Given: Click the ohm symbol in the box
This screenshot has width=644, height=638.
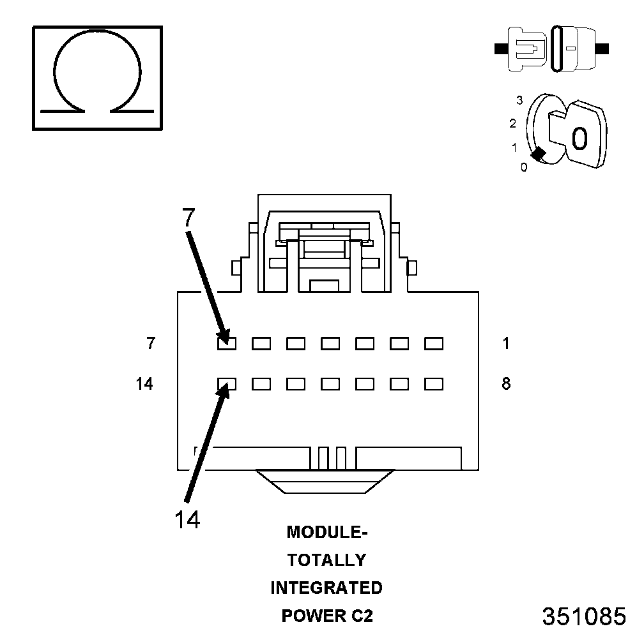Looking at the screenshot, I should coord(97,77).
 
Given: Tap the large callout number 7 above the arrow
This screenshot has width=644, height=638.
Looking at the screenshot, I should coord(187,218).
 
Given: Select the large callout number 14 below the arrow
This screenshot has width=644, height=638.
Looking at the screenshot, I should coord(187,519).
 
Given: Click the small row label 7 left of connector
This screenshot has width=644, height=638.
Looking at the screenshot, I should coord(151,343).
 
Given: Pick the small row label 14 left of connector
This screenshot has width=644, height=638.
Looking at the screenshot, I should coord(145,384).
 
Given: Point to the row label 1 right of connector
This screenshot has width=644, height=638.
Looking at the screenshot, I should coord(506,343).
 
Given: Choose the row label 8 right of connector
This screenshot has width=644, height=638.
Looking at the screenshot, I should coord(506,384).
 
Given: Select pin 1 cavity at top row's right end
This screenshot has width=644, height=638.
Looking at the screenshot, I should coord(434,344).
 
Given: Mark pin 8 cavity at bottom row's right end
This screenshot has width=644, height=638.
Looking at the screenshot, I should coord(434,384).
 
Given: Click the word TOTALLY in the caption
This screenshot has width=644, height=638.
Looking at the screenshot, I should coord(326,560).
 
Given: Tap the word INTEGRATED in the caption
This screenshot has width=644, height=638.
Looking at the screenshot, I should coord(326,588).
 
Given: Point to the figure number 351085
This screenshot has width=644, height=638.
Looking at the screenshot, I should coord(584,616).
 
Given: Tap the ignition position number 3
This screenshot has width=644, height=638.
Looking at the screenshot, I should coord(520,100).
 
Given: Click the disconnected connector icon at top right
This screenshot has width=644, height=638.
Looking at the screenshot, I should coord(553,48).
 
